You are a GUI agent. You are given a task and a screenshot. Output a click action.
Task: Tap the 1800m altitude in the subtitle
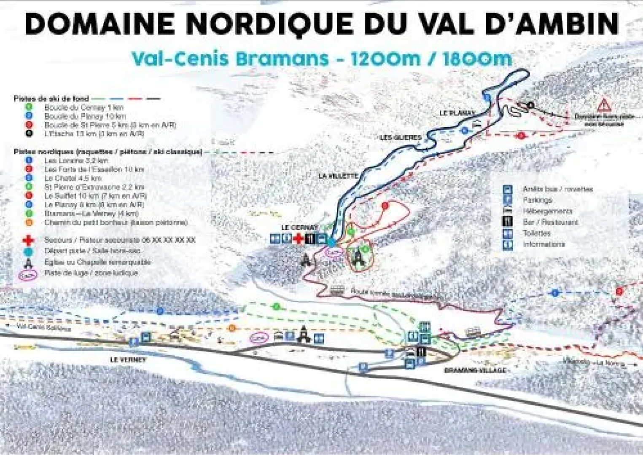coord(477,59)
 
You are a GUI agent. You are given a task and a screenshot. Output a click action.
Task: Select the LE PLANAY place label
coord(457,113)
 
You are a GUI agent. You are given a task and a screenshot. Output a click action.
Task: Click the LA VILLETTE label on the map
coord(338,176)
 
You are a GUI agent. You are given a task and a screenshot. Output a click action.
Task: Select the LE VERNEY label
coord(127,360)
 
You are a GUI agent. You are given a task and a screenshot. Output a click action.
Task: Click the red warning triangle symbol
coord(604,104)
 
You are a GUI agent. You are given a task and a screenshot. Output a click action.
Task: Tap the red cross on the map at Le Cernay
coord(299,239)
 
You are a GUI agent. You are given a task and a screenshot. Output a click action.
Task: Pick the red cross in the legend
coord(28,241)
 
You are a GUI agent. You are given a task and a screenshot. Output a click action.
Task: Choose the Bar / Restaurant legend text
coord(550,222)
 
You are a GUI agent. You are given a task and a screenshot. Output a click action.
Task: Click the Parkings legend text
coord(537,200)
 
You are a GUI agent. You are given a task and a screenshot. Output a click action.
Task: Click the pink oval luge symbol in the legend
coord(28,274)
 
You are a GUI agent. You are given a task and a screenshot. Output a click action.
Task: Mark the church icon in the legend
coord(28,262)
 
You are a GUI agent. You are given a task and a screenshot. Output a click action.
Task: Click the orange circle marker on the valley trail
coord(231,328)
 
